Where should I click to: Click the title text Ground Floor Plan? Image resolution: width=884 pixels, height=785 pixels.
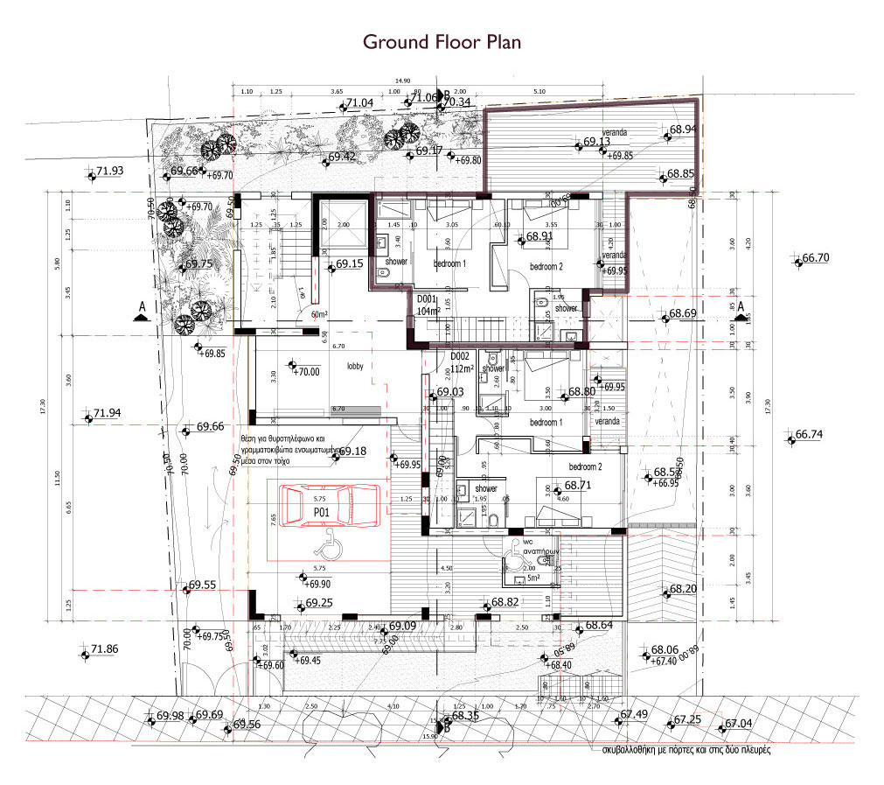pyautogui.click(x=442, y=42)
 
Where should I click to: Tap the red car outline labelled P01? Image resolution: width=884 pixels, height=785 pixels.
pyautogui.click(x=330, y=508)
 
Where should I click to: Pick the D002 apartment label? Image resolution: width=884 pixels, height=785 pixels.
pyautogui.click(x=461, y=357)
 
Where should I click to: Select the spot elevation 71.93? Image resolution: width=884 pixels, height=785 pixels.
pyautogui.click(x=110, y=172)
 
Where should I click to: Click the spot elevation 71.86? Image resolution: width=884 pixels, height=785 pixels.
pyautogui.click(x=104, y=649)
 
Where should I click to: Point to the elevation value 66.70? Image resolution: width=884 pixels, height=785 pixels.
pyautogui.click(x=815, y=258)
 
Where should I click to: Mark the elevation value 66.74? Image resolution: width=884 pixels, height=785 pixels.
pyautogui.click(x=810, y=434)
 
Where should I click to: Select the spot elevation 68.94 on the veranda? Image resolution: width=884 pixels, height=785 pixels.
pyautogui.click(x=683, y=130)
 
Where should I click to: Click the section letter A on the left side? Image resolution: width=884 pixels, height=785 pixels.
pyautogui.click(x=139, y=307)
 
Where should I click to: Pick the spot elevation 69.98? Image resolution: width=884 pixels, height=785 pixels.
pyautogui.click(x=170, y=716)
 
